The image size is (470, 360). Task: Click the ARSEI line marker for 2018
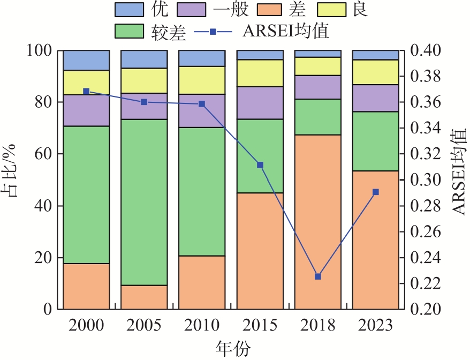(318, 276)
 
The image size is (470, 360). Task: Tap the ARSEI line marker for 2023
(376, 192)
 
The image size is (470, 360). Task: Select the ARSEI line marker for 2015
(260, 165)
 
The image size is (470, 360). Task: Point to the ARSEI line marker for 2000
(86, 92)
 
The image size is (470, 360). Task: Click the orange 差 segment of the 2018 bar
(318, 222)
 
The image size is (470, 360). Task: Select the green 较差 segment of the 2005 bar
(144, 202)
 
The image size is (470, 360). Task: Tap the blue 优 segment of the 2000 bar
(86, 61)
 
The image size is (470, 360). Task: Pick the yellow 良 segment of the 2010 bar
(202, 80)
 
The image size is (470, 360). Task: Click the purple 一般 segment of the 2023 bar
(376, 98)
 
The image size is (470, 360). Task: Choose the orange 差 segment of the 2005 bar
(144, 297)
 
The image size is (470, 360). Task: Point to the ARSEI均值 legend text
(286, 32)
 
